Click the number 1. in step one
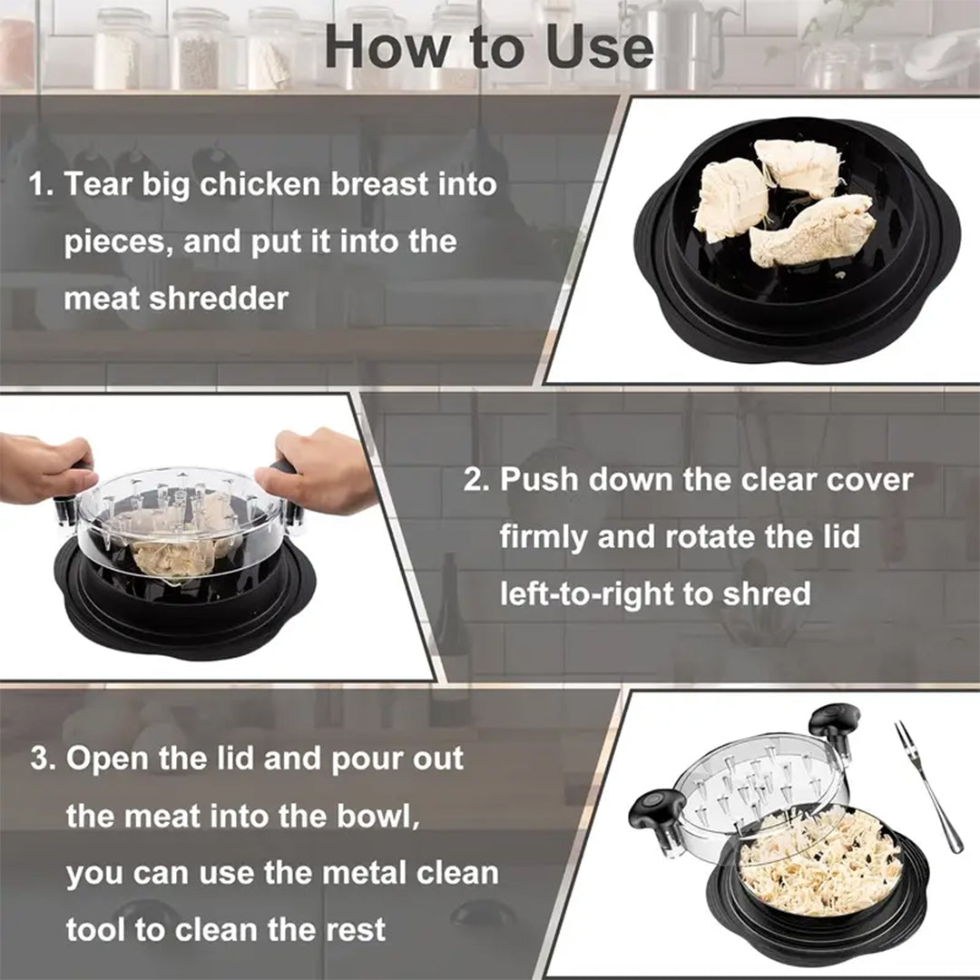pyautogui.click(x=42, y=185)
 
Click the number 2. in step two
pyautogui.click(x=477, y=480)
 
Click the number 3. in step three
pyautogui.click(x=44, y=759)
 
